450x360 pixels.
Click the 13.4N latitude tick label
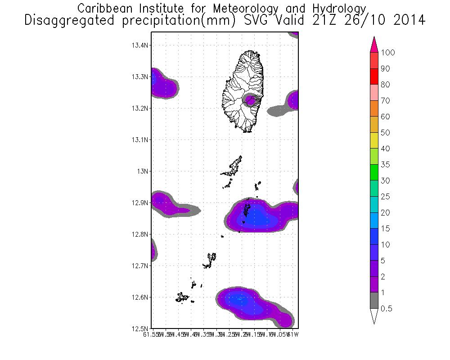[139, 45]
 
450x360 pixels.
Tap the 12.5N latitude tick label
[139, 328]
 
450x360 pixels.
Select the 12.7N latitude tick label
[139, 265]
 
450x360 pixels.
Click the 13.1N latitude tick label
[139, 139]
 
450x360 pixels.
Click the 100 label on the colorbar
[387, 53]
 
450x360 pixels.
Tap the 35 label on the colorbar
[385, 165]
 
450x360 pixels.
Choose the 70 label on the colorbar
[385, 101]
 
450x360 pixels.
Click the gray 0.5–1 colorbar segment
[373, 301]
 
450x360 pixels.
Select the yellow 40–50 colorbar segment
[373, 141]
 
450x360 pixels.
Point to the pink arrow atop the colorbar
[373, 45]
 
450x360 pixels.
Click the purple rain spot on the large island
[250, 99]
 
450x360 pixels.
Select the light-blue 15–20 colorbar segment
[373, 220]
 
